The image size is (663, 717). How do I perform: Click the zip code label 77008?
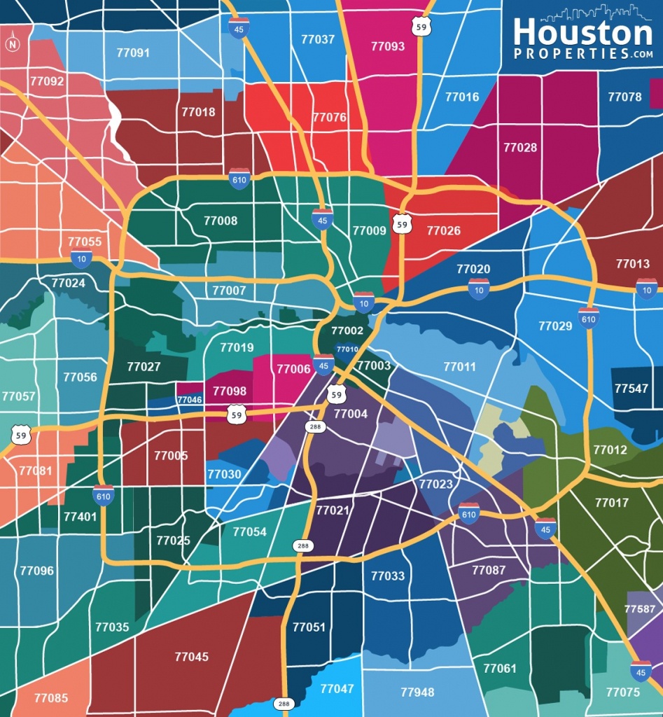coord(221,221)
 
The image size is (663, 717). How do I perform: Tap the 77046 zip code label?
coord(189,400)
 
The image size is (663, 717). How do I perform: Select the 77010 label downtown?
coord(347,349)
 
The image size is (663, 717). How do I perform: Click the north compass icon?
coord(12,44)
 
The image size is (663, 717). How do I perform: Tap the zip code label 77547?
coord(631,388)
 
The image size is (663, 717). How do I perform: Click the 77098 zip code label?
coord(230,391)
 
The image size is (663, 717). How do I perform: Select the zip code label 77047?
coord(337,688)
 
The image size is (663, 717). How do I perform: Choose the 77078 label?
coord(624,97)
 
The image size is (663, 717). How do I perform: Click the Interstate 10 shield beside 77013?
coord(646,288)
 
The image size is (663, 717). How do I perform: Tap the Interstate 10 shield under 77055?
coord(81,258)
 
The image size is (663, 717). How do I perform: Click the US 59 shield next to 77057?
coord(22,435)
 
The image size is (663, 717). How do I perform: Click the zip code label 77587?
coord(640,609)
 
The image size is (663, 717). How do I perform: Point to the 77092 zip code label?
coord(47,81)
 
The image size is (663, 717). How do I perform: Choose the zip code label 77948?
coord(417,692)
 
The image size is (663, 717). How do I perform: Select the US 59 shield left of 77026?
coord(401,223)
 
